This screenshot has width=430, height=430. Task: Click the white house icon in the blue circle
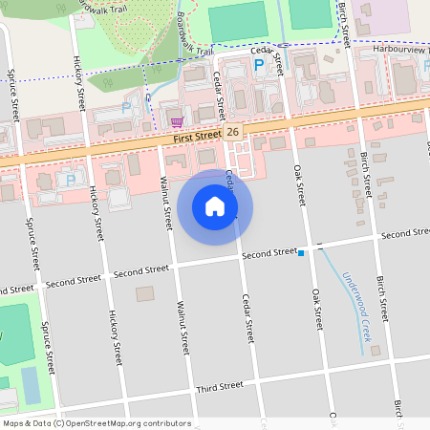215,206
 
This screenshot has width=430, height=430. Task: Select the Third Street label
220,387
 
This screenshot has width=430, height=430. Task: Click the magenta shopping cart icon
177,121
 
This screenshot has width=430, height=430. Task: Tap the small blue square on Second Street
301,253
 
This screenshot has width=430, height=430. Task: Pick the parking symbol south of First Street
70,179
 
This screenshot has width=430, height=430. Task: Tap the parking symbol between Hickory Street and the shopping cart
126,108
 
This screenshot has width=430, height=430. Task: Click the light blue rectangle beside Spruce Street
32,384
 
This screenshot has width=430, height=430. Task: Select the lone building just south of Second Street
145,294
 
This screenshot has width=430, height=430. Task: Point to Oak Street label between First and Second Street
299,183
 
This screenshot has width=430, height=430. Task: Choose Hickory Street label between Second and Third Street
113,338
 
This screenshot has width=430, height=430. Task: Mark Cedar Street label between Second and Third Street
247,318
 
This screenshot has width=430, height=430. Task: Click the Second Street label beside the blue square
269,253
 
